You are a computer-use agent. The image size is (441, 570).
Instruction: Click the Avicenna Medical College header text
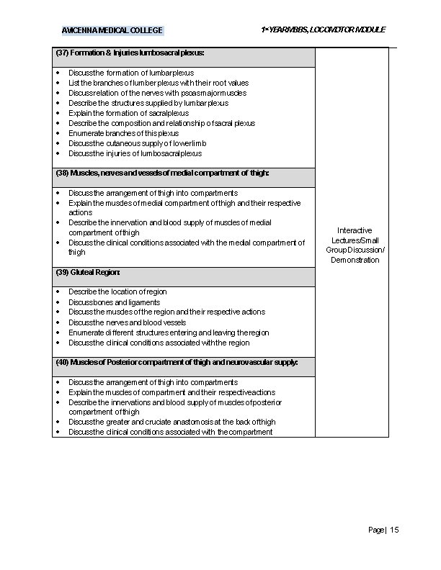[x=112, y=30]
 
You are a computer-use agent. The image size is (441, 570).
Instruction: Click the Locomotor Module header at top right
[x=323, y=30]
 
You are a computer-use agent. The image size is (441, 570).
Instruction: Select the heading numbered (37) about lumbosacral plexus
[x=130, y=53]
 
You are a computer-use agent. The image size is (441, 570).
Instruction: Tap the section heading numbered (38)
[x=162, y=173]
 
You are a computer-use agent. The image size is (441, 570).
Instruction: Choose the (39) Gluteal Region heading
[x=88, y=273]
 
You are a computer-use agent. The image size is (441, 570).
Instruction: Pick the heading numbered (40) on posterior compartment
[x=177, y=361]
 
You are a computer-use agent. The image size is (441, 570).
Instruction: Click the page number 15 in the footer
[x=383, y=530]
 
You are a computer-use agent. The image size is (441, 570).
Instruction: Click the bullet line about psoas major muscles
[x=157, y=93]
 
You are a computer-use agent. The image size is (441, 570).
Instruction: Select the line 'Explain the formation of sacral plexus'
[x=128, y=113]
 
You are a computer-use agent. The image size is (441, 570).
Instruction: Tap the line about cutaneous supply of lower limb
[x=137, y=143]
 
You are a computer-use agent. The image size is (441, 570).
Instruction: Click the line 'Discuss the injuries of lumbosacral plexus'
[x=135, y=153]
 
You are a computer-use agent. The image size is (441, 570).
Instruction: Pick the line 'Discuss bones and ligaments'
[x=114, y=302]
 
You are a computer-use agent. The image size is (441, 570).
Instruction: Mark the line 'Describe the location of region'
[x=117, y=291]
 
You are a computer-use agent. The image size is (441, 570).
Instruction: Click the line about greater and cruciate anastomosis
[x=171, y=422]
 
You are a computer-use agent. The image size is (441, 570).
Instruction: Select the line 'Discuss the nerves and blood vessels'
[x=127, y=322]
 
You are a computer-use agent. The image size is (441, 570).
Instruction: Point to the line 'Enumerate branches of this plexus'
[x=123, y=133]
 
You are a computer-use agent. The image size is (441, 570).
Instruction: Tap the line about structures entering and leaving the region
[x=169, y=332]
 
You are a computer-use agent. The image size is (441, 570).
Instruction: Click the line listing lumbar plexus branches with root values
[x=158, y=83]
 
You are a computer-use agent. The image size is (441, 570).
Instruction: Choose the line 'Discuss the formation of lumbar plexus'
[x=130, y=73]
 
